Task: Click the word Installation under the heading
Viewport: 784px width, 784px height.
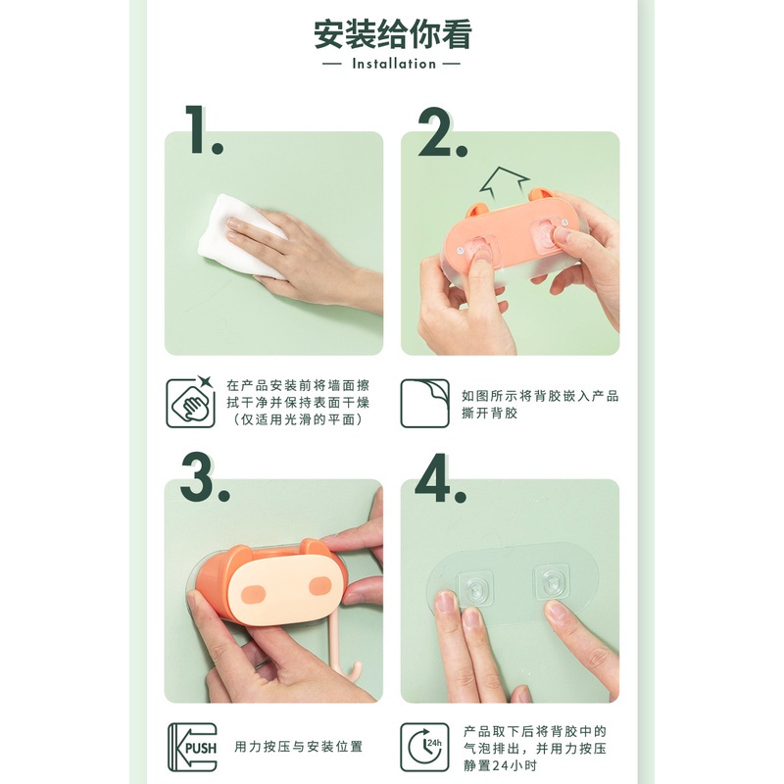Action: tap(392, 64)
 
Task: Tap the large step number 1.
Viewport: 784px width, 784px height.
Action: tap(203, 129)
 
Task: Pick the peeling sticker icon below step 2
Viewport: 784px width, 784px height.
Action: tap(424, 403)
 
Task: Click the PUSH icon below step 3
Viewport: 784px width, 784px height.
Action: tap(189, 747)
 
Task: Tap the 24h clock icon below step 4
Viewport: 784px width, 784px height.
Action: tap(424, 747)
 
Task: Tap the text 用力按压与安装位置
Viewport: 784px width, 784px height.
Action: tap(297, 747)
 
